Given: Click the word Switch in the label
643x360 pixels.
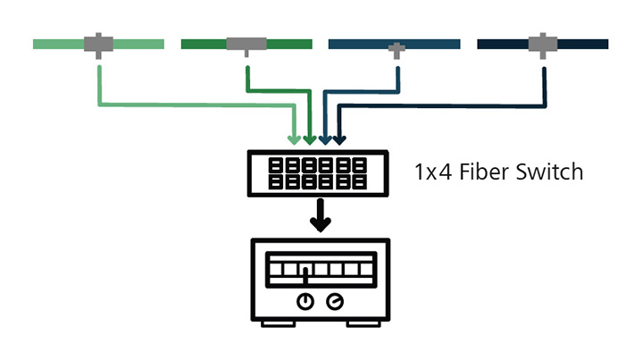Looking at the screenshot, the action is pos(549,172).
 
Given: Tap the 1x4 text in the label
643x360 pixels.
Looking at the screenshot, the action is pos(433,172).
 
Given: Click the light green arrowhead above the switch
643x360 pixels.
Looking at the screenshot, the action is pos(294,140).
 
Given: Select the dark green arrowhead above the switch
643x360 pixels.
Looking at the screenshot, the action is pos(310,140).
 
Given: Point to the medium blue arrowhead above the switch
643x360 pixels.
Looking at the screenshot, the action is pos(325,140).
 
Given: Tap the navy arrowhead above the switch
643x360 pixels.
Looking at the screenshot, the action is pos(339,140).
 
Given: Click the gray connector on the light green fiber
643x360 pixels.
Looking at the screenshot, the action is pos(98,45).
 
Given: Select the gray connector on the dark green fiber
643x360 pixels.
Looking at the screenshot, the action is pos(246,45).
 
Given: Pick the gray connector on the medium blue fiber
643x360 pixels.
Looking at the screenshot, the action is pos(397,50).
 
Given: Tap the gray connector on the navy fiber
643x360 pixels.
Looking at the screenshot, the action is pos(543,45).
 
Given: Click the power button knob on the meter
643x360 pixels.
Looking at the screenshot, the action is pos(305,301).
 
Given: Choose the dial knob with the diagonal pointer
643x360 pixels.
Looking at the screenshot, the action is pos(335,301).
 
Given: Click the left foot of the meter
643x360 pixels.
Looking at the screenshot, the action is pos(279,324).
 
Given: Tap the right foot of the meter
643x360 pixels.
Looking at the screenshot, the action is pos(363,324).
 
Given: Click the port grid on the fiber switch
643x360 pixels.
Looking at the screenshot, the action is pos(317,173).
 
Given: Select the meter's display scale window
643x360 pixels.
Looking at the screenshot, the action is pos(321,270).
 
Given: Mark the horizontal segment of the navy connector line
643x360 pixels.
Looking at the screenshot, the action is pos(442,105).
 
